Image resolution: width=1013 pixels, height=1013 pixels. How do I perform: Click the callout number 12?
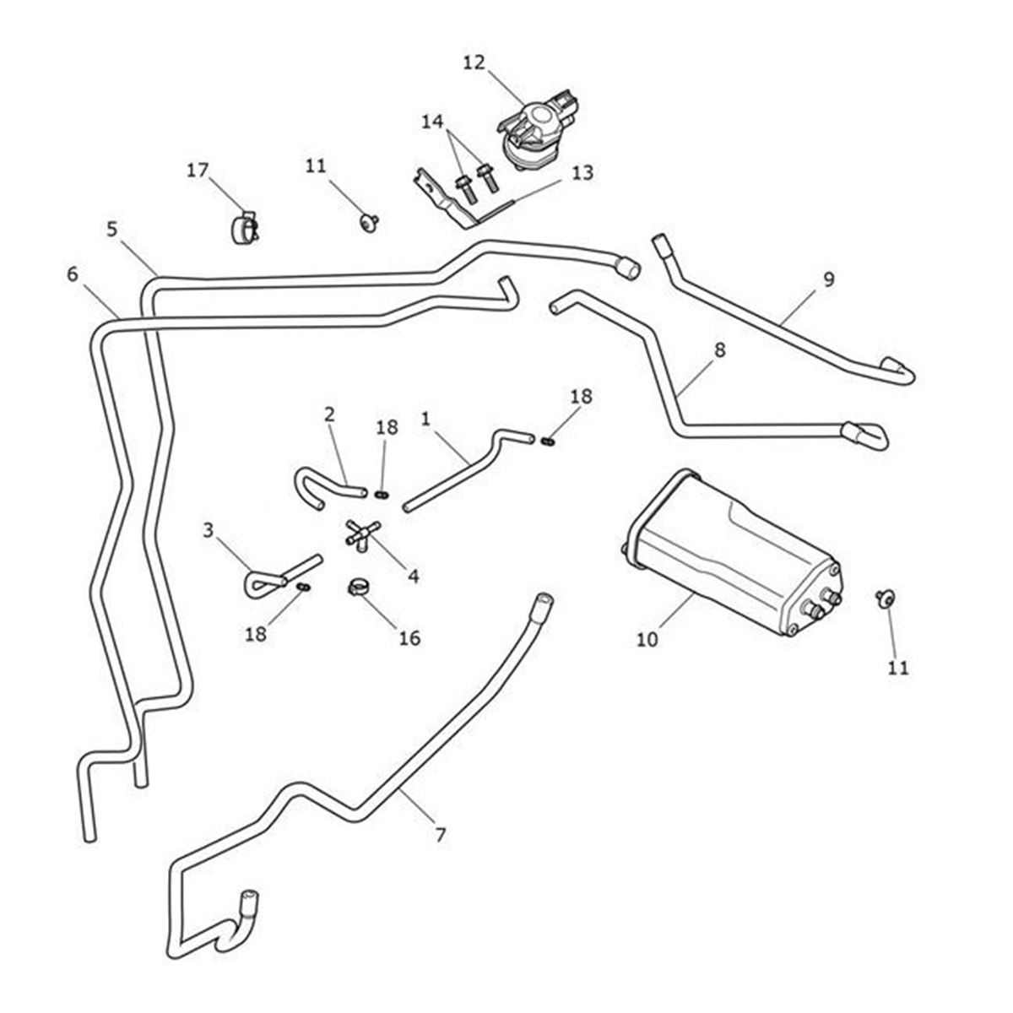click(x=474, y=62)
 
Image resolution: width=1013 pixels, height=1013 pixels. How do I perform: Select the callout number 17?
click(x=197, y=171)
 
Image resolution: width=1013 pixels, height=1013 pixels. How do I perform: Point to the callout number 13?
click(x=582, y=173)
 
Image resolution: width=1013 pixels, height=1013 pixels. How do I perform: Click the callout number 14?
click(x=432, y=122)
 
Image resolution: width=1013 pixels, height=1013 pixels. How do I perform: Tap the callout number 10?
click(x=647, y=639)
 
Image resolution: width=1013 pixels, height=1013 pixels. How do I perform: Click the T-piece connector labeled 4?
click(x=361, y=535)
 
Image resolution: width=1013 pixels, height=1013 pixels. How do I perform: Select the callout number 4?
click(x=414, y=576)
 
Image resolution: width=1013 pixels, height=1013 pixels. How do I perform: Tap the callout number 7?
click(x=440, y=835)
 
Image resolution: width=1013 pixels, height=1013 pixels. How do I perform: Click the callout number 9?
click(x=828, y=279)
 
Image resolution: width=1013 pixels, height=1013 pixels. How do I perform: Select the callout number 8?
click(x=719, y=349)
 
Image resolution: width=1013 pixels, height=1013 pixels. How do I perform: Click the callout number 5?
click(x=112, y=229)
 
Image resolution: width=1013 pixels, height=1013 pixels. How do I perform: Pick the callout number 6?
click(x=72, y=274)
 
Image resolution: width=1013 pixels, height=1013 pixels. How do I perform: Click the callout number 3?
click(x=209, y=530)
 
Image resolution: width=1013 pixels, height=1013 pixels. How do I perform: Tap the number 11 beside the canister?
click(x=898, y=668)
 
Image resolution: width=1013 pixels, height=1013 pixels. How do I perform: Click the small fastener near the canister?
click(x=886, y=599)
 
